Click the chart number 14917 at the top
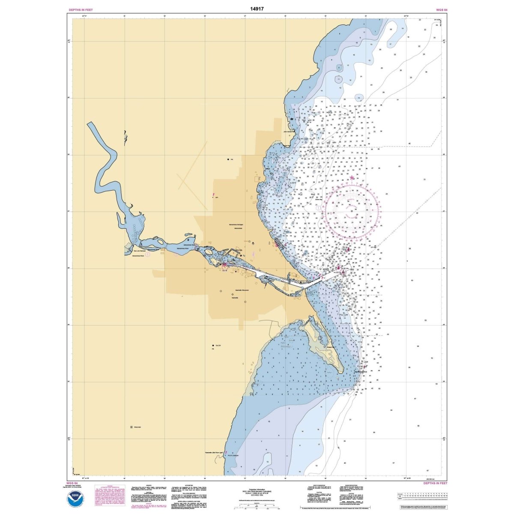[257, 8]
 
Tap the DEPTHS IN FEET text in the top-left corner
[81, 9]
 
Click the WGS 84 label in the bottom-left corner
[74, 483]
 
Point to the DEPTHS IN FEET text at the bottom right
[435, 483]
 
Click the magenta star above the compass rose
[352, 177]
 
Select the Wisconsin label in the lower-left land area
[137, 427]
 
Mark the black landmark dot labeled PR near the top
[228, 159]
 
